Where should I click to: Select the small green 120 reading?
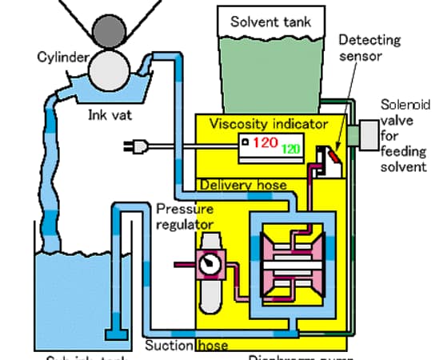(x=291, y=149)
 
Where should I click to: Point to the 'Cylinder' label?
(x=62, y=57)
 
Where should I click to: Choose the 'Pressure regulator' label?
(x=185, y=217)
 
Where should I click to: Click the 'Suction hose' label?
(x=186, y=346)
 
